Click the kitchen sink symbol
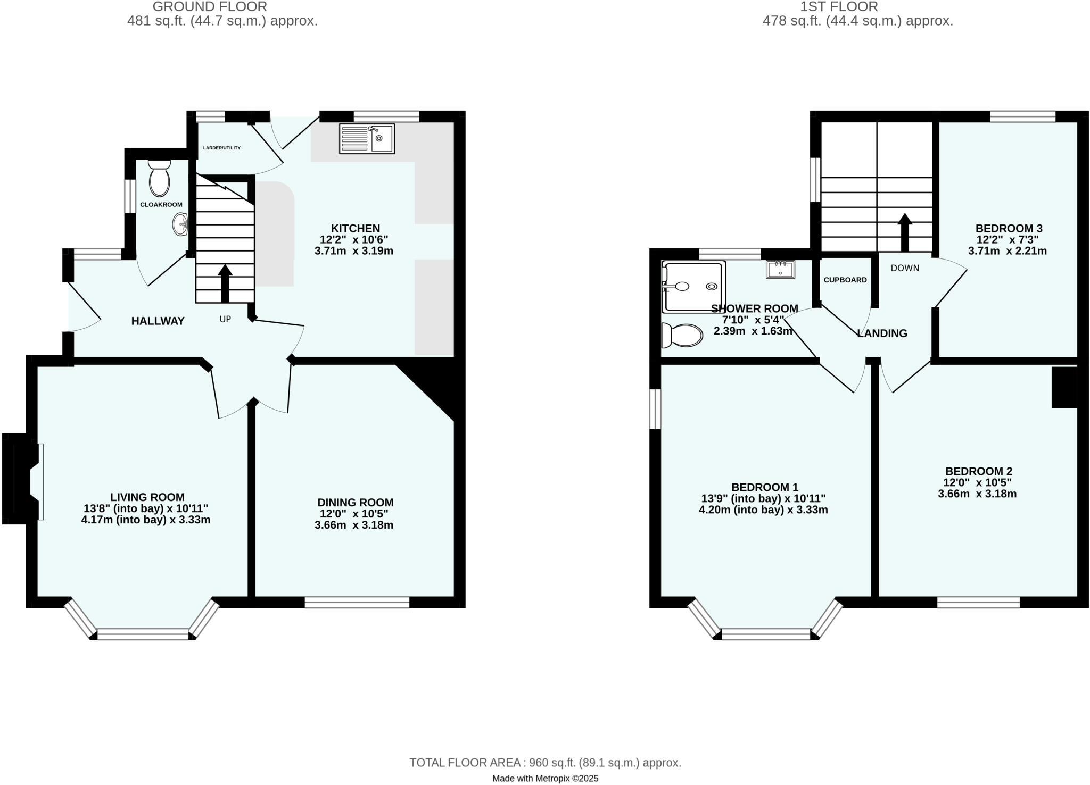[x=367, y=139]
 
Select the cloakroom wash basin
[x=180, y=224]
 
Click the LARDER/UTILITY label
[x=222, y=148]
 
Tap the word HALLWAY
[x=158, y=321]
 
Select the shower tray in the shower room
[x=693, y=286]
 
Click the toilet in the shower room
[x=682, y=335]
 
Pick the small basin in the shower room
[x=780, y=269]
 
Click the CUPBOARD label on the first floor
[x=845, y=280]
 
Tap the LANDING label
[x=882, y=333]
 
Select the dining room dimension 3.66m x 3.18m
[x=354, y=525]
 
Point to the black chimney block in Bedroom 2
[x=1064, y=387]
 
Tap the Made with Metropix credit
[x=545, y=779]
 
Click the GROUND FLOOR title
[x=210, y=6]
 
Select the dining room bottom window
[x=357, y=602]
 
